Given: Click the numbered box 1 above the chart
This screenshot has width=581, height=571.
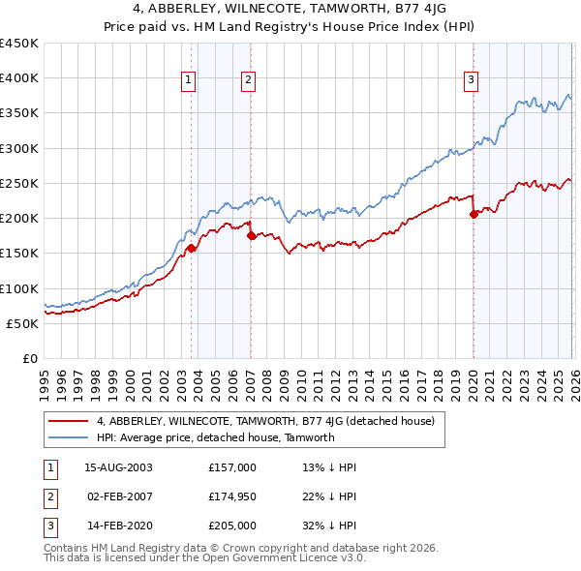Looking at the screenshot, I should [x=188, y=80].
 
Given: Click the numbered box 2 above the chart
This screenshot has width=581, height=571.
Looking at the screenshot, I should [x=248, y=80].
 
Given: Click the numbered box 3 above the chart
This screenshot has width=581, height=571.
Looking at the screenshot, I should [x=471, y=80].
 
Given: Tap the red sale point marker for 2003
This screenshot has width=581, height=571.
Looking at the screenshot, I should [x=191, y=249].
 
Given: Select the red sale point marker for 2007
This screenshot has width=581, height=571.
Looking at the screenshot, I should [x=250, y=235].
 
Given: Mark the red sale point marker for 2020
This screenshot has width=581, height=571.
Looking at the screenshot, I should [x=474, y=215].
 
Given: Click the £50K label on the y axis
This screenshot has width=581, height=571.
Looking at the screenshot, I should [x=23, y=323].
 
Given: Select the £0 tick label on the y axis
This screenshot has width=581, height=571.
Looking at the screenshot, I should [x=31, y=358].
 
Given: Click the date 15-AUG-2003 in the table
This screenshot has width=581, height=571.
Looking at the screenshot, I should [x=119, y=467].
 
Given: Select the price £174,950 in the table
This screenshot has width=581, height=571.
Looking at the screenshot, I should [x=232, y=496].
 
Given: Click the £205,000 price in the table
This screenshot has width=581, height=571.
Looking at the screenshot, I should [x=232, y=526].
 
